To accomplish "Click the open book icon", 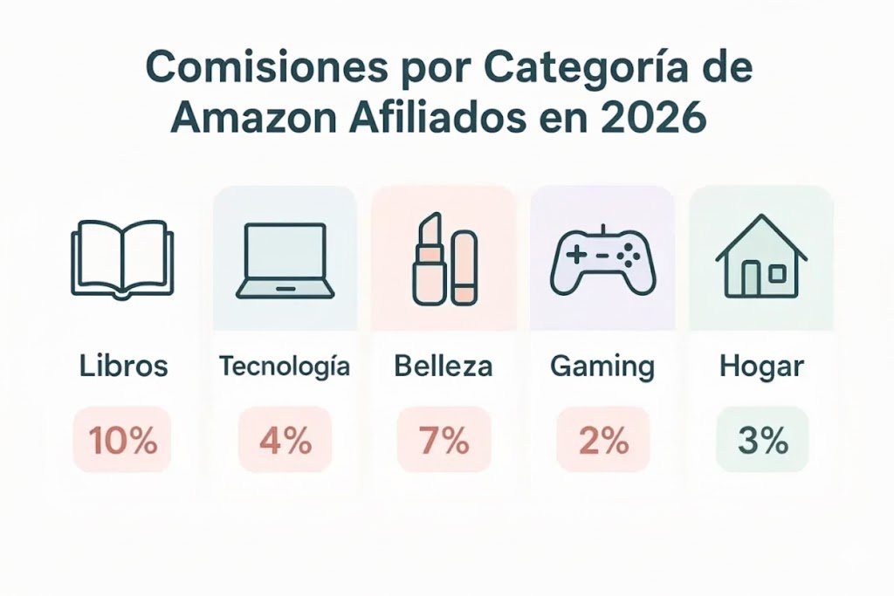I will point(122,259).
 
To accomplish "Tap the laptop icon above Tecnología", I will point(284,259).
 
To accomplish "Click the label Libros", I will point(123,366).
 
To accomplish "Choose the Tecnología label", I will point(284,366).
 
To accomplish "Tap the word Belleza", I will point(443,366).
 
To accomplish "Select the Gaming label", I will point(602,367).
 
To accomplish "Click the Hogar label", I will point(761,367).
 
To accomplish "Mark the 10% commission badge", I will point(122,441).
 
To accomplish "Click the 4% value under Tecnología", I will point(285,441).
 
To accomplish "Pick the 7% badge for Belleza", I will point(444,441).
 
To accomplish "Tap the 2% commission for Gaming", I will point(602,441).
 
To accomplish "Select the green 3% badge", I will point(762,441).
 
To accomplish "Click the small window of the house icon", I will point(777,274).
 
